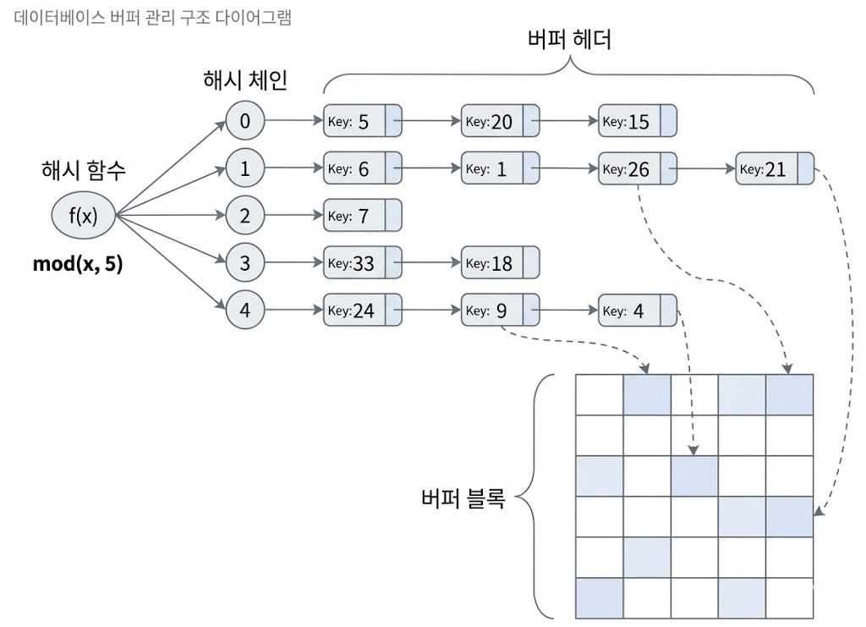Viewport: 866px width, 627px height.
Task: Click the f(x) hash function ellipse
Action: click(x=83, y=216)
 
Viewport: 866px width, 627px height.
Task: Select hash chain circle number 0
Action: click(x=245, y=121)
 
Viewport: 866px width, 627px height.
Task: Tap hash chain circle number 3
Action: click(x=245, y=263)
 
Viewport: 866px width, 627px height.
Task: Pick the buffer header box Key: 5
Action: click(x=362, y=122)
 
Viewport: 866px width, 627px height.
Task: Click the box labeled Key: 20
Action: click(x=500, y=122)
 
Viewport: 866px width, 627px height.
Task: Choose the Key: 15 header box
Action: click(x=637, y=122)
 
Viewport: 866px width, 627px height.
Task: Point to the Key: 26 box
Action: click(x=637, y=169)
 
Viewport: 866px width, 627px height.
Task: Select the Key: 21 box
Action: click(x=774, y=169)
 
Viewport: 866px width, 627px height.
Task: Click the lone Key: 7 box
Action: click(x=362, y=217)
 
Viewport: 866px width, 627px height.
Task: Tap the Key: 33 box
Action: click(x=362, y=264)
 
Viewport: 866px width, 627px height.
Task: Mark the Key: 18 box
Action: click(x=500, y=264)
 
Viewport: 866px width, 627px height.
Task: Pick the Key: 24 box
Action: click(x=362, y=311)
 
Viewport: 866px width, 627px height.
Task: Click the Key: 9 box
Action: click(x=500, y=311)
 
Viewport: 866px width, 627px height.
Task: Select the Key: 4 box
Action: click(x=637, y=311)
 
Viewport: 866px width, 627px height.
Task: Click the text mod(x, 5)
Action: click(x=78, y=264)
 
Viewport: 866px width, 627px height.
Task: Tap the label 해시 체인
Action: click(x=245, y=81)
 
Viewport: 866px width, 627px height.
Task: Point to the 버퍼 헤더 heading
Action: click(x=568, y=40)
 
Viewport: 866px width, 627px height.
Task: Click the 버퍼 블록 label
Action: click(x=463, y=498)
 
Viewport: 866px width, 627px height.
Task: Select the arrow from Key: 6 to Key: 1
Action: click(x=430, y=169)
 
